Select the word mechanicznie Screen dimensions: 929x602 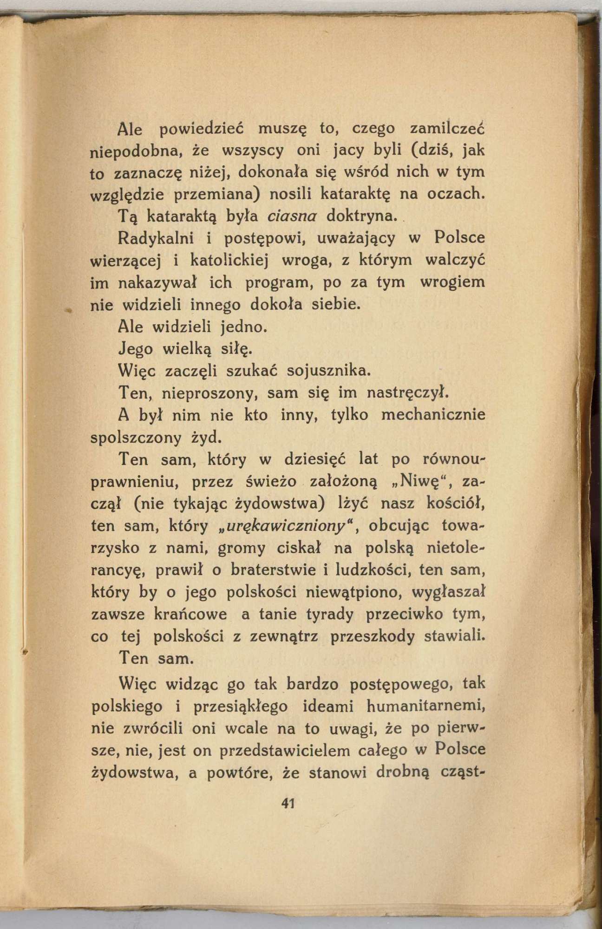[x=433, y=414]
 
